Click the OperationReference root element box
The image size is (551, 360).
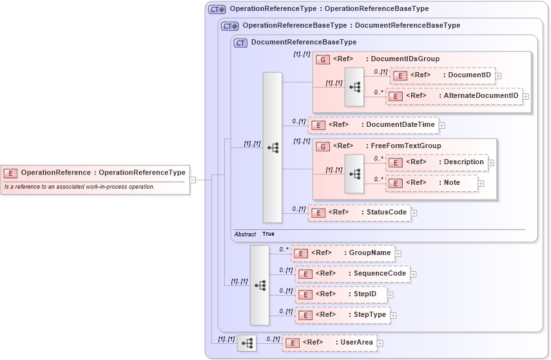[95, 173]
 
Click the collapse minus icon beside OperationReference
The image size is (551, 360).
[193, 180]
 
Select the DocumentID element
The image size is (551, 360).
[443, 75]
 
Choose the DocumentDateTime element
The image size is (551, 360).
[374, 124]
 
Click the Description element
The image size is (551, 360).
[436, 162]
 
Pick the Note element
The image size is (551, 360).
[432, 183]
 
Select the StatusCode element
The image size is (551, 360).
[359, 212]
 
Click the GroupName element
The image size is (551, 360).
[342, 253]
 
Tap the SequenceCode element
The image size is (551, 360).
[353, 274]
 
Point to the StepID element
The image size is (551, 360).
[340, 294]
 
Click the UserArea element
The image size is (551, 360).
[329, 343]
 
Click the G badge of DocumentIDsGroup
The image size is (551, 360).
[323, 59]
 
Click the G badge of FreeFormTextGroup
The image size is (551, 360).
[323, 146]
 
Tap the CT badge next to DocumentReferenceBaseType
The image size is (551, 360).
[240, 43]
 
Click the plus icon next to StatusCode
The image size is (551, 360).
[414, 213]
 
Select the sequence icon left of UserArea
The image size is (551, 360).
[247, 343]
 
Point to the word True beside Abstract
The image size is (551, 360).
[268, 234]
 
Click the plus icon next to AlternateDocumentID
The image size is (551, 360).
[526, 97]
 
